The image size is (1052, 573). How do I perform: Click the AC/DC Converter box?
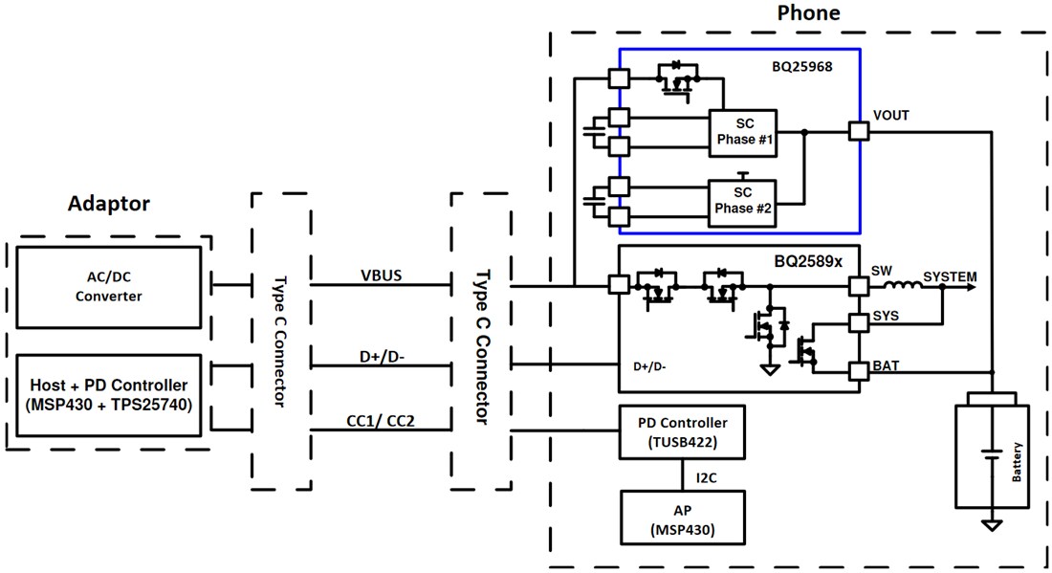click(x=108, y=287)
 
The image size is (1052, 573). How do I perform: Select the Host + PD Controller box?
click(x=108, y=394)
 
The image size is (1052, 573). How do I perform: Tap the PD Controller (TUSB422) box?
click(x=681, y=432)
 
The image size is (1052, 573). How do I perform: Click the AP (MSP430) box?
click(x=681, y=518)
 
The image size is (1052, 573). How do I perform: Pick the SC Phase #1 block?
click(x=742, y=134)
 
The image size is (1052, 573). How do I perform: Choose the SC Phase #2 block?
click(x=742, y=202)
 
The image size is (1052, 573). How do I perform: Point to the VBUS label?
click(x=381, y=275)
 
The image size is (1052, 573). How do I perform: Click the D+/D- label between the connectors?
click(x=381, y=358)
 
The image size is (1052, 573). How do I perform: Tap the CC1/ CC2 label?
click(x=381, y=420)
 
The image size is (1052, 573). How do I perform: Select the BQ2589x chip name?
click(x=808, y=259)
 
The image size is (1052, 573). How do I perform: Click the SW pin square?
click(x=859, y=286)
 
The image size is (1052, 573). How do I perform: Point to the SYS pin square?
click(x=859, y=322)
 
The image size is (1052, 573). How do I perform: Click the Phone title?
click(x=808, y=13)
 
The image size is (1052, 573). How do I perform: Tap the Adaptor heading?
click(x=109, y=204)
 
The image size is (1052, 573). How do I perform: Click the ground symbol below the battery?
click(x=993, y=524)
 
